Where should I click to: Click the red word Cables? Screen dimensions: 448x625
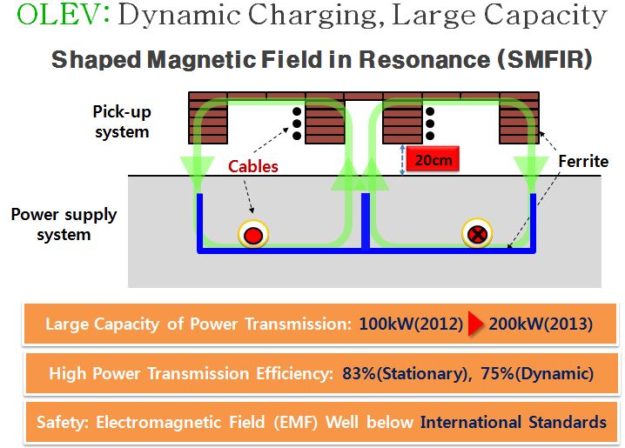coord(252,166)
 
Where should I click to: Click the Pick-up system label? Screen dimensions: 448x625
coord(121,122)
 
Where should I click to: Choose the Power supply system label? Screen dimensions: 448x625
coord(64,224)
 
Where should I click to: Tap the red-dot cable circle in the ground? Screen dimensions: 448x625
coord(252,234)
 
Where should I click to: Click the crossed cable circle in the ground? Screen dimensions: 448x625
coord(478,233)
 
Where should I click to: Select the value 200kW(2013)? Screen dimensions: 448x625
coord(541,324)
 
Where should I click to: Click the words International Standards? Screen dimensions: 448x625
coord(513,423)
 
